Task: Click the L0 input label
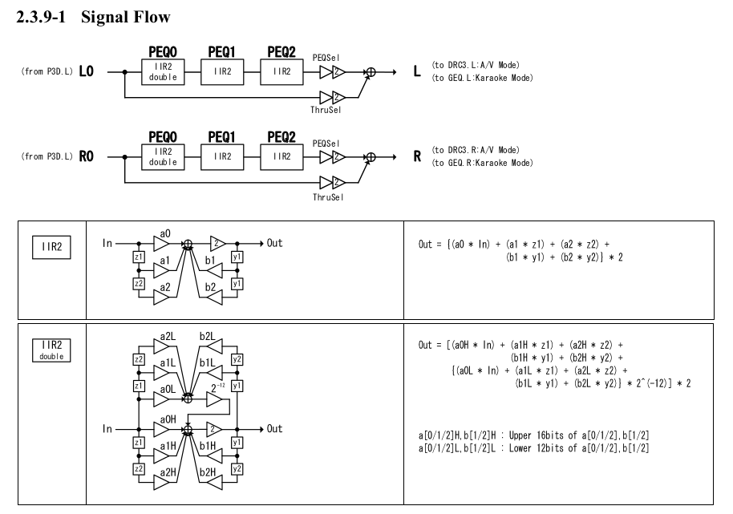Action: click(89, 71)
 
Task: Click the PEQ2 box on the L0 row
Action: click(281, 71)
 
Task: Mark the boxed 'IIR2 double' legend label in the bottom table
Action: click(47, 348)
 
